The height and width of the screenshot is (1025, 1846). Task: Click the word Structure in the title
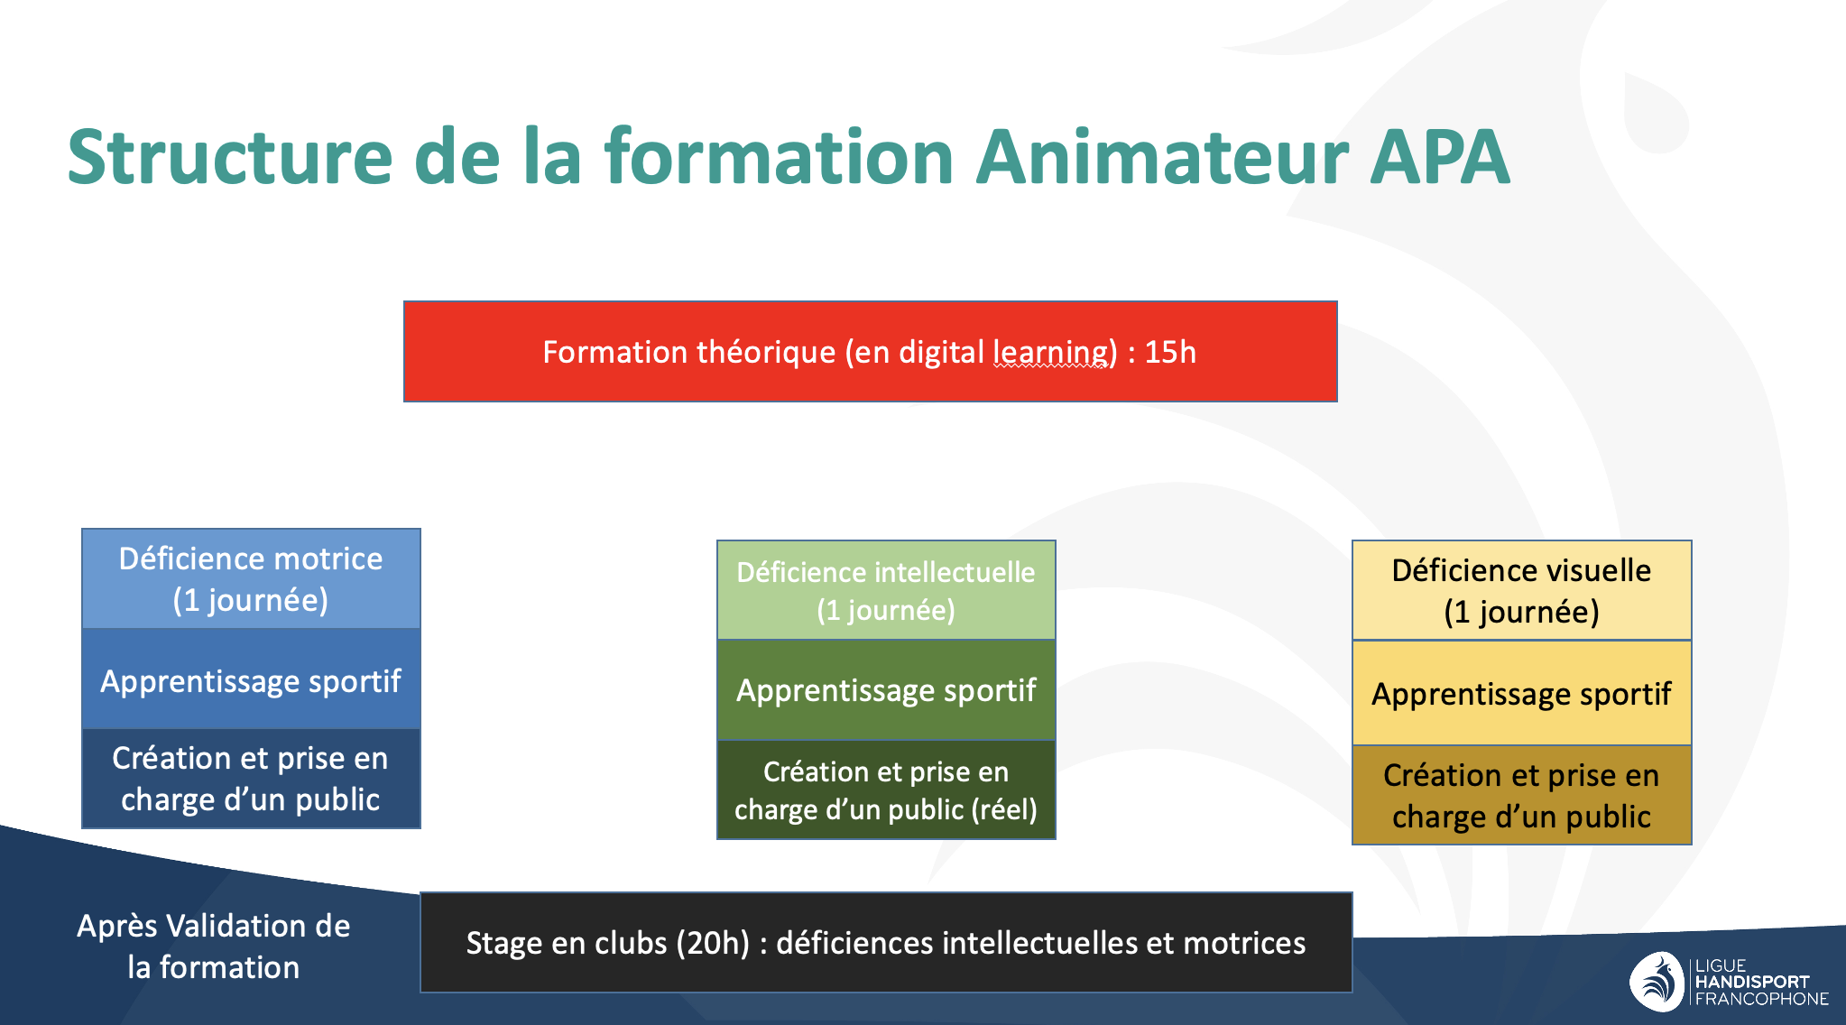pyautogui.click(x=230, y=157)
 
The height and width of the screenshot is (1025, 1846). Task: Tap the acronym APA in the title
pyautogui.click(x=1439, y=157)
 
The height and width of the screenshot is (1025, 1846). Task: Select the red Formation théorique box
pyautogui.click(x=870, y=351)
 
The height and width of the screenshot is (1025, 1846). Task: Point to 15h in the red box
pyautogui.click(x=1170, y=352)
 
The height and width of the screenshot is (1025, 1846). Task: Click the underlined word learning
pyautogui.click(x=1054, y=353)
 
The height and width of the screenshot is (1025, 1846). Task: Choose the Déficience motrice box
pyautogui.click(x=251, y=578)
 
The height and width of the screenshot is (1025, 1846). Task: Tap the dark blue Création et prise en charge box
pyautogui.click(x=251, y=779)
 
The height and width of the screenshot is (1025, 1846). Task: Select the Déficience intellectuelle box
pyautogui.click(x=886, y=590)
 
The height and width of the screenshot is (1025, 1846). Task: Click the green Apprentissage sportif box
pyautogui.click(x=886, y=690)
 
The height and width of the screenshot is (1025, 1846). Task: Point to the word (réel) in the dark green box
pyautogui.click(x=1004, y=809)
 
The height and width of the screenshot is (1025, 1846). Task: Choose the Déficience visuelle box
pyautogui.click(x=1521, y=591)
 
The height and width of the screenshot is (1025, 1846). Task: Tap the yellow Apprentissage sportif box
pyautogui.click(x=1521, y=693)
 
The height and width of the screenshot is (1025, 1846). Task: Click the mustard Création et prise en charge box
pyautogui.click(x=1521, y=795)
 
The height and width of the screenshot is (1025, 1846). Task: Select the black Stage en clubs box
pyautogui.click(x=886, y=942)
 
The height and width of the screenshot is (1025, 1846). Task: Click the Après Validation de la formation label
pyautogui.click(x=214, y=946)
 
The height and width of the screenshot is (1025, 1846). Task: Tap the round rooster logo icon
pyautogui.click(x=1657, y=981)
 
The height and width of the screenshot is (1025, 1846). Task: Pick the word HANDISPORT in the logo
pyautogui.click(x=1752, y=982)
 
